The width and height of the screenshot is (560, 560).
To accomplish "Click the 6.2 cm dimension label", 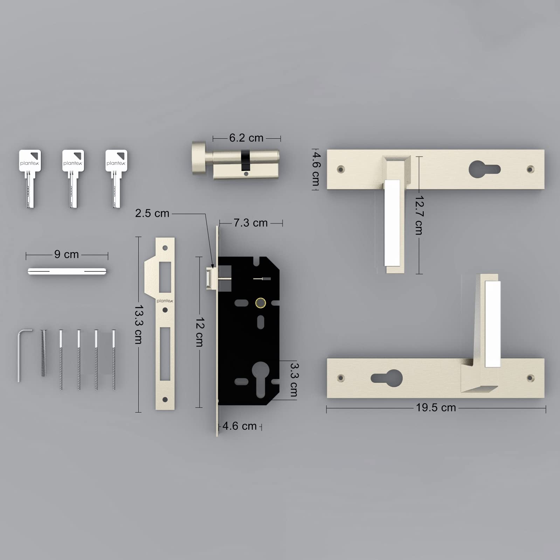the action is point(246,138).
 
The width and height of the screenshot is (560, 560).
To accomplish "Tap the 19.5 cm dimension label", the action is point(436,408).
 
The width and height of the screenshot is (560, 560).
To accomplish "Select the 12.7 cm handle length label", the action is point(419,215).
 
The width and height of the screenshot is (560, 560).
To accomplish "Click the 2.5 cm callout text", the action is point(152,213).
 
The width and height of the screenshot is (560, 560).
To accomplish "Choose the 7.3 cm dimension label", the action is point(251,223).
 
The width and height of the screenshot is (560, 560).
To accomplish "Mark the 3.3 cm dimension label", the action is point(294,380).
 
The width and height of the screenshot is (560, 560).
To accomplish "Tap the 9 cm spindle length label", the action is point(67,254).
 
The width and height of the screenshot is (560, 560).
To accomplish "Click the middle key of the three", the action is point(73,179).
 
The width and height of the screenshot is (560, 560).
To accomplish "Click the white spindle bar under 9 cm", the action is point(67,271).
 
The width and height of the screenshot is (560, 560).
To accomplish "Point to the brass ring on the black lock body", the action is point(261,303).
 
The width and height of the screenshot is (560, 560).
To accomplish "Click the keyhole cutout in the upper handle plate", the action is point(484,170).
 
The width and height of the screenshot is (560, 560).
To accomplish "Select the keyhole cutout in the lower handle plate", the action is point(387,378).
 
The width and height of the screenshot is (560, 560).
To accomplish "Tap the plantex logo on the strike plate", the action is point(165,301).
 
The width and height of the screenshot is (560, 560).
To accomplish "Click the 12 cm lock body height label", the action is point(199,332).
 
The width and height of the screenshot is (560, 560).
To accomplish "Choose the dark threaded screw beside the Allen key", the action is point(43,353).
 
